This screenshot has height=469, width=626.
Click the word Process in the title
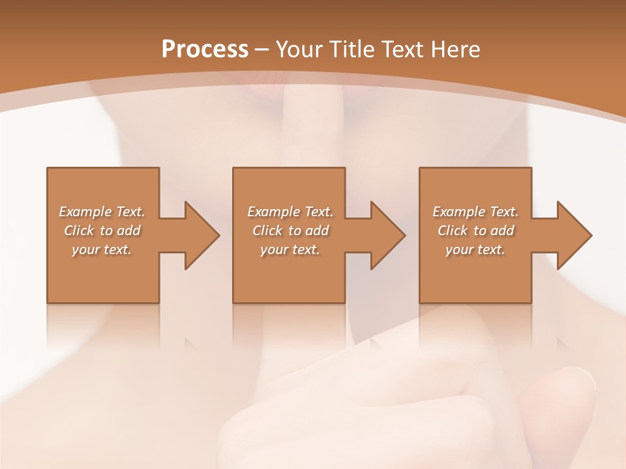click(x=205, y=50)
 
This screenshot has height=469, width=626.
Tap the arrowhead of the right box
click(x=573, y=235)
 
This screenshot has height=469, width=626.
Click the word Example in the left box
click(x=85, y=212)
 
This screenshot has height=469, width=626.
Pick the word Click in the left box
click(x=79, y=231)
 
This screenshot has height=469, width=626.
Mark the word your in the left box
click(x=85, y=249)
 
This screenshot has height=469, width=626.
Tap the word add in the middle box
click(x=317, y=231)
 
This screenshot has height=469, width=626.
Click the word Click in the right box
click(x=453, y=231)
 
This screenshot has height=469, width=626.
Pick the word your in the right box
click(x=459, y=249)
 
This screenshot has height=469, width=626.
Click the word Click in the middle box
click(x=267, y=231)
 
